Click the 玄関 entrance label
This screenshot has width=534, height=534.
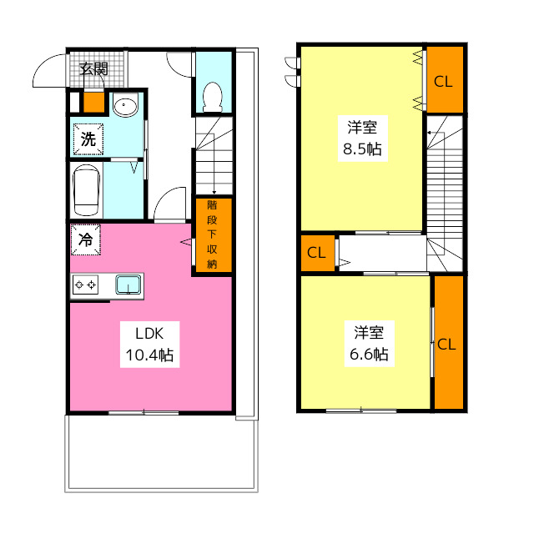[93, 69]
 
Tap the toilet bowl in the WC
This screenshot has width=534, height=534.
[212, 97]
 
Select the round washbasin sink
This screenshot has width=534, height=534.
[125, 106]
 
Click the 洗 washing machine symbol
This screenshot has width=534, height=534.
[88, 139]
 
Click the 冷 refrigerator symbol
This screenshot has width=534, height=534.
[86, 239]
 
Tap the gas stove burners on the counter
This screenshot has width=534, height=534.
[86, 285]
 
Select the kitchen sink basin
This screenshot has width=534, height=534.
[128, 285]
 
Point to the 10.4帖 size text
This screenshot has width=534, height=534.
[149, 355]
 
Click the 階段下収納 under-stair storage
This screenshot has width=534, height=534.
[212, 235]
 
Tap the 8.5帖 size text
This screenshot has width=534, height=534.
[362, 150]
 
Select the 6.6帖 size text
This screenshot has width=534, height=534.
[367, 354]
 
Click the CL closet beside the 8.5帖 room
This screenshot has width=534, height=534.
[443, 81]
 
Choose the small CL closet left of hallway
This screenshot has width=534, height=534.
[316, 253]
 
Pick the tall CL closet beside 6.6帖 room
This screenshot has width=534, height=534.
[447, 343]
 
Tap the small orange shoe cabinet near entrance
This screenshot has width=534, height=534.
[94, 103]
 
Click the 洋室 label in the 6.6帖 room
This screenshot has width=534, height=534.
[368, 332]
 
